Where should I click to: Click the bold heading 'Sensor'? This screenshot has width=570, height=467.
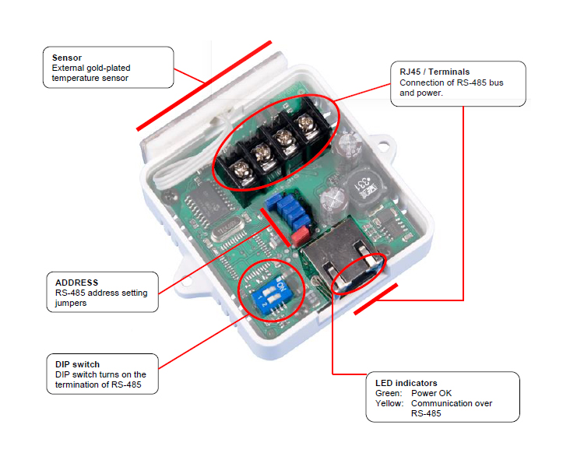[x=68, y=58]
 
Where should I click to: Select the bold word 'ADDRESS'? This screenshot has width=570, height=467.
[x=76, y=283]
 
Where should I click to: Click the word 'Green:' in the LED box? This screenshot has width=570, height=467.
[x=389, y=393]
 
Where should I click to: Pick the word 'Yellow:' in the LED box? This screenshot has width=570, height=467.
[x=390, y=403]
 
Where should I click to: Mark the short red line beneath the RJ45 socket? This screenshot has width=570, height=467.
[x=375, y=300]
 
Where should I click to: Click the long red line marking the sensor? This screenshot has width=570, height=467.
[x=204, y=85]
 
